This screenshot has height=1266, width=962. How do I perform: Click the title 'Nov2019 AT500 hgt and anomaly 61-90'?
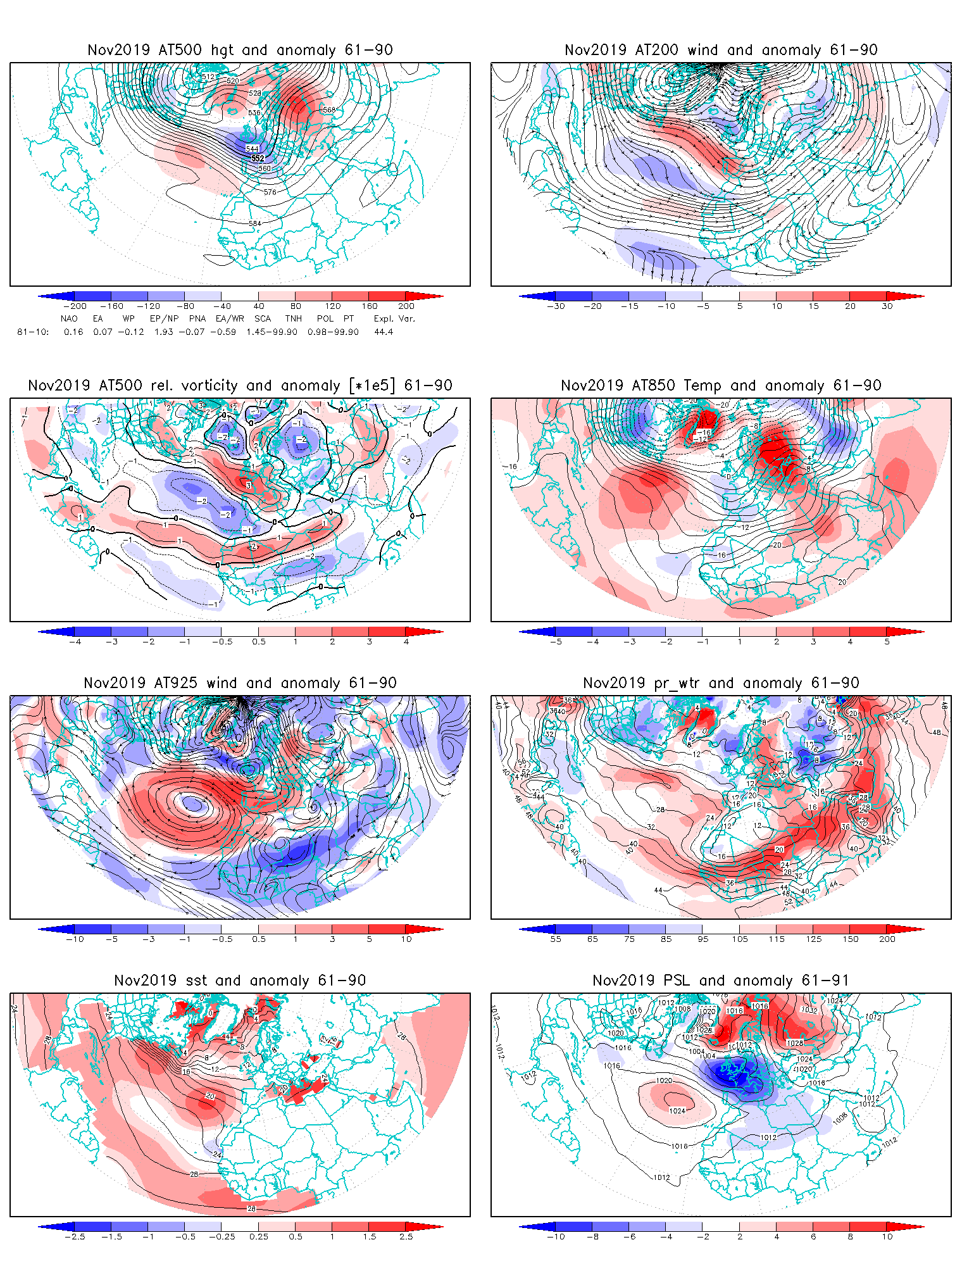coord(240,50)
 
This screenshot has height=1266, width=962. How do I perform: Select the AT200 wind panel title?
coord(721,50)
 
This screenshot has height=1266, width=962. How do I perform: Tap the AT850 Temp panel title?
coord(721,385)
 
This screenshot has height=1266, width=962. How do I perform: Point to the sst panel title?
coord(240,981)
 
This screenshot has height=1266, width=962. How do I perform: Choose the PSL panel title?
coord(721,981)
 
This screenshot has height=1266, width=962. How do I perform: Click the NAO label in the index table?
coord(69,318)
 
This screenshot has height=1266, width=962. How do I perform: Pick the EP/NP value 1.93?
coord(163,332)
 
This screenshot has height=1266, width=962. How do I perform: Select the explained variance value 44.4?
coord(384,332)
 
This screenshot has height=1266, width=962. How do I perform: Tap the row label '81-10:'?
coord(33,332)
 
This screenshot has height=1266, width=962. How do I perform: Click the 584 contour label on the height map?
coord(255,223)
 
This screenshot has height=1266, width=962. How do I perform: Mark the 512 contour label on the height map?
coord(208,77)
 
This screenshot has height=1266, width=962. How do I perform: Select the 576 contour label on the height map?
coord(270,192)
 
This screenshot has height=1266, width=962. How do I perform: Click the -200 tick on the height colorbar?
coord(75,306)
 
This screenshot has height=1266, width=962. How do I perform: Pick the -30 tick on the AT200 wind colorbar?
coord(556,306)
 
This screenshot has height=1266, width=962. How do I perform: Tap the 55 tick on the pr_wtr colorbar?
coord(556,939)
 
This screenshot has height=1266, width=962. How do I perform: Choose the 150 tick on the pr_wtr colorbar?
coord(851,939)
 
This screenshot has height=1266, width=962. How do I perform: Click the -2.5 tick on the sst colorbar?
coord(75,1236)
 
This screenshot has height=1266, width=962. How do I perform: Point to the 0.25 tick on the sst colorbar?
coord(259,1236)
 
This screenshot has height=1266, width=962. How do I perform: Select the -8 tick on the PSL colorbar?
coord(592,1236)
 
